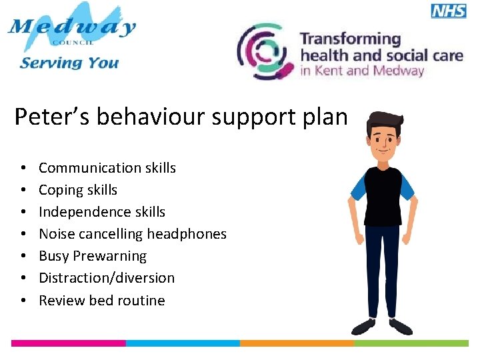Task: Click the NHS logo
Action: click(449, 10)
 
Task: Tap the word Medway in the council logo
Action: click(71, 28)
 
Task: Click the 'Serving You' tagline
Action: click(69, 63)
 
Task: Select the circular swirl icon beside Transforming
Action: click(265, 52)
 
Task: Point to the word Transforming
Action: click(351, 39)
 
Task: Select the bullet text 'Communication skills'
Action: click(107, 168)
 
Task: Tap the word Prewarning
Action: click(109, 256)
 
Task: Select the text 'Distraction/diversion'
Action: click(107, 278)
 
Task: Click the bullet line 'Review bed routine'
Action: click(102, 301)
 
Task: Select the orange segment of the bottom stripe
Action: click(297, 343)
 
